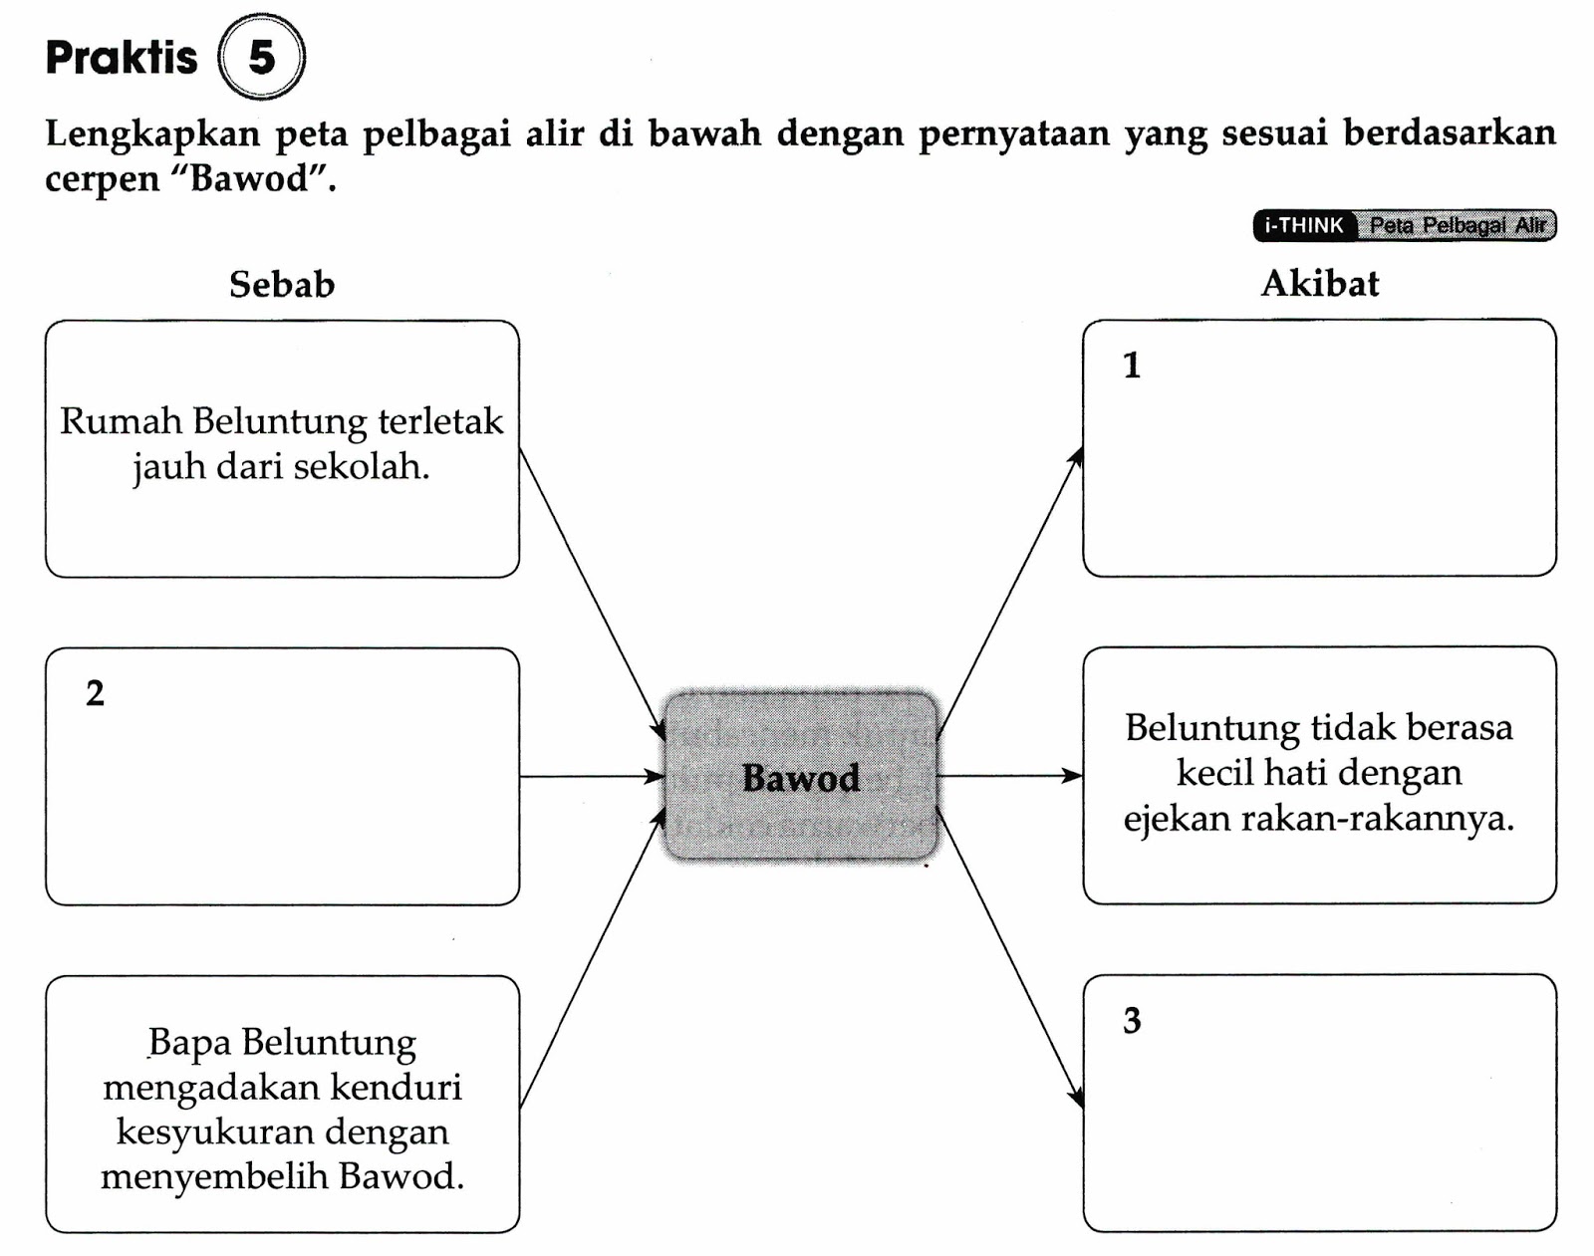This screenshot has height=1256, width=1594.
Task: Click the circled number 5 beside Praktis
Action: coord(261,58)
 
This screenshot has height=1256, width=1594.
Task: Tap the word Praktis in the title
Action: coord(122,58)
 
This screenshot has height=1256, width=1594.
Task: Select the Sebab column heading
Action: coord(282,285)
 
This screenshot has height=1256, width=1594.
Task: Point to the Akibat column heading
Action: coord(1320,284)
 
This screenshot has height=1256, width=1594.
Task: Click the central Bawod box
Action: coord(801,777)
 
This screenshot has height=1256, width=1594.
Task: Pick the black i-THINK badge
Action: coord(1304,226)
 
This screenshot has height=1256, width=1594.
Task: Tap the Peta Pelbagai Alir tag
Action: coord(1458,226)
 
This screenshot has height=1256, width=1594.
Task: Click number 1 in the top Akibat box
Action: coord(1132,366)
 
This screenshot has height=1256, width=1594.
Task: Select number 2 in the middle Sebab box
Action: coord(95,693)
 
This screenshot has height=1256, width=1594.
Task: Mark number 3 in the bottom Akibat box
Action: coord(1132,1021)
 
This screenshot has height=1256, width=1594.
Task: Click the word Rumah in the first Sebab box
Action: coord(121,421)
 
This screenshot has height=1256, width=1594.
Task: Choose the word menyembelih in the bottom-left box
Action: coord(215,1176)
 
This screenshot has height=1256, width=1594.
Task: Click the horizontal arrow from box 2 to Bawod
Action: coord(592,776)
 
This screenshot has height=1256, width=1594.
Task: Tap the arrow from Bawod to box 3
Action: coord(1009,957)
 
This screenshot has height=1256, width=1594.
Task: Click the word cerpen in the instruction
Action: coord(103,180)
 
